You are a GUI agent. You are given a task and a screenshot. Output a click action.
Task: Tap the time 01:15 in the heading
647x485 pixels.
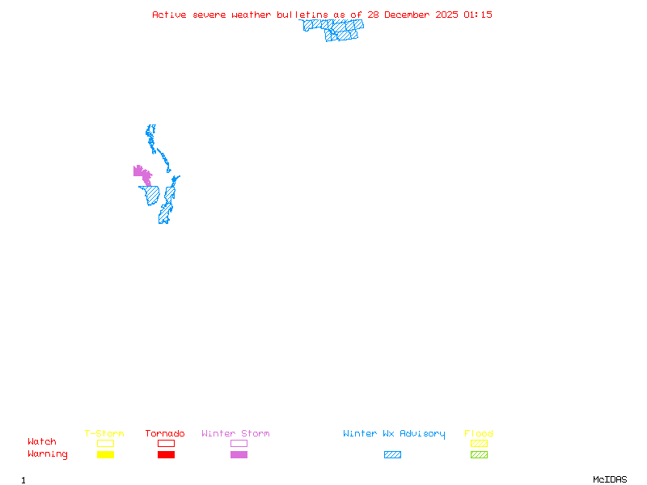pyautogui.click(x=477, y=15)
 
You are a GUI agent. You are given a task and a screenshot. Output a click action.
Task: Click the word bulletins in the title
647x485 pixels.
pyautogui.click(x=302, y=15)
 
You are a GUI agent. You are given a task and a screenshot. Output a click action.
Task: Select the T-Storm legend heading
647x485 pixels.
pyautogui.click(x=104, y=433)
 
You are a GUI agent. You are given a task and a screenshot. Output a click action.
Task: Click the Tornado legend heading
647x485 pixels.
pyautogui.click(x=165, y=433)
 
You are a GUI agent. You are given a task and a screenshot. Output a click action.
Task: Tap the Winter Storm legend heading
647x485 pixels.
pyautogui.click(x=235, y=433)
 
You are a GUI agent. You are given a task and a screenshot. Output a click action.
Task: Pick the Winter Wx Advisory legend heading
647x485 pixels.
pyautogui.click(x=394, y=433)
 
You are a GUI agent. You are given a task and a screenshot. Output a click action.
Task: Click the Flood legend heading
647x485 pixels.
pyautogui.click(x=479, y=433)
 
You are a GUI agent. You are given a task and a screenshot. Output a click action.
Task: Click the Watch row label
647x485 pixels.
pyautogui.click(x=42, y=442)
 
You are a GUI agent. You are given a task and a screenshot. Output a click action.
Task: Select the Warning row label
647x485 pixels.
pyautogui.click(x=48, y=454)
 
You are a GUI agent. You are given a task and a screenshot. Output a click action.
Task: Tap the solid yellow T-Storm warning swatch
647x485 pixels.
pyautogui.click(x=105, y=455)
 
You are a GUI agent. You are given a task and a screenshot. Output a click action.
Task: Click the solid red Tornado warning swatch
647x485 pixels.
pyautogui.click(x=166, y=455)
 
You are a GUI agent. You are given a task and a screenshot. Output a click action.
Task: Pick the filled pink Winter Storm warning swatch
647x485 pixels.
pyautogui.click(x=239, y=455)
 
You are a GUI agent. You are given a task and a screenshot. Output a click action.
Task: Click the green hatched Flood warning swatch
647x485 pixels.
pyautogui.click(x=479, y=455)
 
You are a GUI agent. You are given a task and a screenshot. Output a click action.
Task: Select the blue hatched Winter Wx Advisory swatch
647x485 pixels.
pyautogui.click(x=392, y=455)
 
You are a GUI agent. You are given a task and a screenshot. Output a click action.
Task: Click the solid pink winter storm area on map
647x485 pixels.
pyautogui.click(x=142, y=172)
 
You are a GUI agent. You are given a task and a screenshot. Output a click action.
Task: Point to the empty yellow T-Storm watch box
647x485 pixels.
pyautogui.click(x=105, y=443)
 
